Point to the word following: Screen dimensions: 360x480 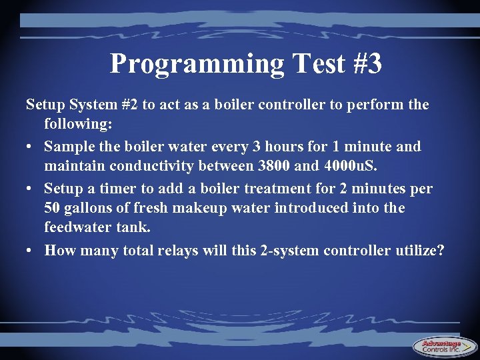(76, 124)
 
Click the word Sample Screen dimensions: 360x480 (69, 146)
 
